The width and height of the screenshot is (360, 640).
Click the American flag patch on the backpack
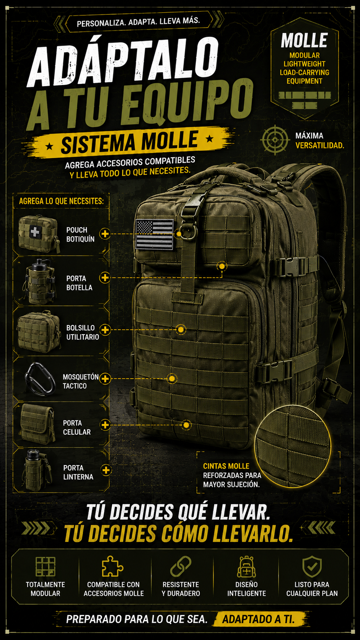point(155,234)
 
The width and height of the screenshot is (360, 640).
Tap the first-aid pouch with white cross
point(39,234)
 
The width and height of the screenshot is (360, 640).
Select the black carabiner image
point(40,379)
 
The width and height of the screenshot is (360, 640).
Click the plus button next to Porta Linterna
point(106,470)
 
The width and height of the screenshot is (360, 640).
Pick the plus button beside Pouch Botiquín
point(105,234)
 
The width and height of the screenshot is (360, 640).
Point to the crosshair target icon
point(275,140)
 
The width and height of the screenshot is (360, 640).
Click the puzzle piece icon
point(113,566)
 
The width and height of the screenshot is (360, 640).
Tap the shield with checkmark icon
point(312,566)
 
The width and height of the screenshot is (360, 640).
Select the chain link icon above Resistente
point(181,566)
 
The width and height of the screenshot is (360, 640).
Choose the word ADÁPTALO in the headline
point(123,62)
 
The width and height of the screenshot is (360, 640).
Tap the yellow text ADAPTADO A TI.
point(258,619)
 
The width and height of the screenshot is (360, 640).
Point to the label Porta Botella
point(79,283)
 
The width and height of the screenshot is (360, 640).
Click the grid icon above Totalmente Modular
point(46,566)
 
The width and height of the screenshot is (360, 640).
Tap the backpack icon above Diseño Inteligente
point(246,566)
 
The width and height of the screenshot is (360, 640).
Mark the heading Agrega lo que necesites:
point(61,201)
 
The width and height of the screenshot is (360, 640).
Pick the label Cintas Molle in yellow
point(226,466)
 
